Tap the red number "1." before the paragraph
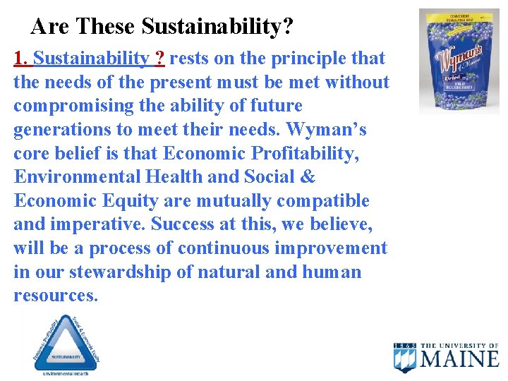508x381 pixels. (20, 58)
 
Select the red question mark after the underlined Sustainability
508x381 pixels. (160, 58)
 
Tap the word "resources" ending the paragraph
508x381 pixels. (54, 296)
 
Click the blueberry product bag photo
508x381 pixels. (459, 61)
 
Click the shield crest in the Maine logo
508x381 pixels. (405, 358)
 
